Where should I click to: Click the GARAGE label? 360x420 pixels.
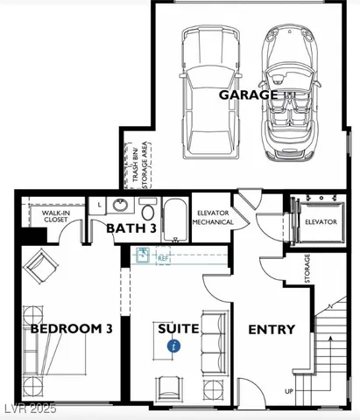(x=248, y=94)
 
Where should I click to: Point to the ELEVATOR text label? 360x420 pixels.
(x=321, y=222)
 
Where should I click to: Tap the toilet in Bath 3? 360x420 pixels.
(x=147, y=211)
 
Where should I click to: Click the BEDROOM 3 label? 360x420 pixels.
(x=59, y=330)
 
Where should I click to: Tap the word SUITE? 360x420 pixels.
(x=178, y=330)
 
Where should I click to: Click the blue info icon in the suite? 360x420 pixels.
(x=174, y=346)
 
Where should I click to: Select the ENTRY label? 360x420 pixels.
(x=272, y=330)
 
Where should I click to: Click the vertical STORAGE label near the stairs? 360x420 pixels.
(x=307, y=268)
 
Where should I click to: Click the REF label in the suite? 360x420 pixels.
(x=163, y=259)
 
